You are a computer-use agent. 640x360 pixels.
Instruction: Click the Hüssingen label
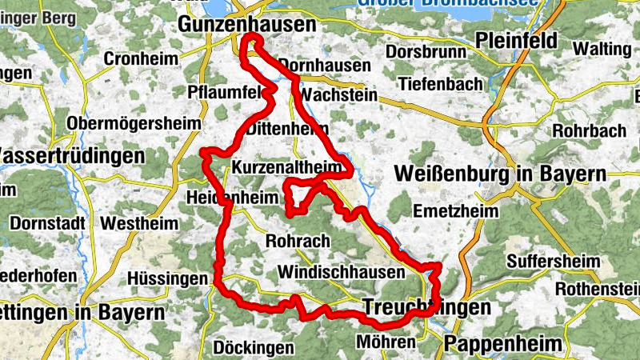[166, 278]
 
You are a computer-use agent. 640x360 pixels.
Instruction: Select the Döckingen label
[254, 347]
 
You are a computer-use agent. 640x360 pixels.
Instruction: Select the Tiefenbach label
[440, 84]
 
